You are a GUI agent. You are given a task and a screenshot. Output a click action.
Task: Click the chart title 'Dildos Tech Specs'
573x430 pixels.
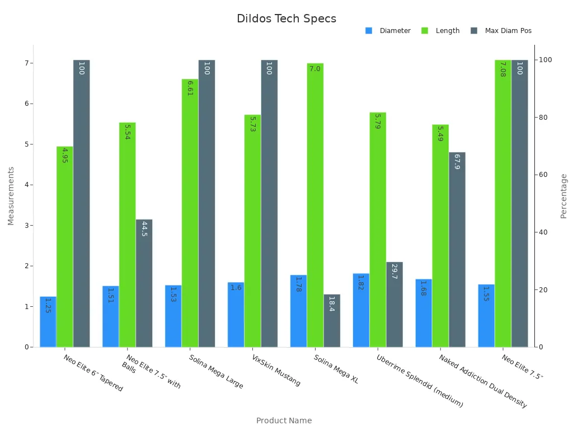click(x=286, y=18)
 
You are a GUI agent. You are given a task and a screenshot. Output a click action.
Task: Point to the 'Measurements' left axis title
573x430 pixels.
click(x=11, y=196)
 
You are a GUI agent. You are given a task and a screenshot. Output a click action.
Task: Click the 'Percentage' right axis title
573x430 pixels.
click(x=563, y=196)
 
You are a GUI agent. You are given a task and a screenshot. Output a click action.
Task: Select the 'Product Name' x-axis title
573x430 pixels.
click(x=284, y=420)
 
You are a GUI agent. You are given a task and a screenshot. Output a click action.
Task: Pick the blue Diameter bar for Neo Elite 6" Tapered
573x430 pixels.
click(x=48, y=322)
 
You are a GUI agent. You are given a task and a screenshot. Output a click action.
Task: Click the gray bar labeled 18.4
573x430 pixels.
click(x=332, y=321)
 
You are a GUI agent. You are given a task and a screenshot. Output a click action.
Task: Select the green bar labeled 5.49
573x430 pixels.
click(x=440, y=236)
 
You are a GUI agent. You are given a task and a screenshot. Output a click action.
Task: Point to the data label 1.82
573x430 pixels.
click(x=361, y=282)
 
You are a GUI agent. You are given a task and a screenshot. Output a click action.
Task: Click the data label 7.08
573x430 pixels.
click(x=502, y=69)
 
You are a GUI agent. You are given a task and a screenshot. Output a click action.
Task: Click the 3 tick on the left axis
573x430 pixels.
click(x=26, y=226)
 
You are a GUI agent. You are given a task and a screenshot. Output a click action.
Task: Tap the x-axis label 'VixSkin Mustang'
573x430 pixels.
click(x=276, y=370)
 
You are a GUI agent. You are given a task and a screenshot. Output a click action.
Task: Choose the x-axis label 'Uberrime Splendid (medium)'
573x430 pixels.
click(x=419, y=381)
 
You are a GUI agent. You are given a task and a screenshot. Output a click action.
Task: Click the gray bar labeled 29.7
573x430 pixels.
click(x=394, y=305)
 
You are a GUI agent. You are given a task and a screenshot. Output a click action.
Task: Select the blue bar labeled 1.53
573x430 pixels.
click(x=173, y=316)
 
